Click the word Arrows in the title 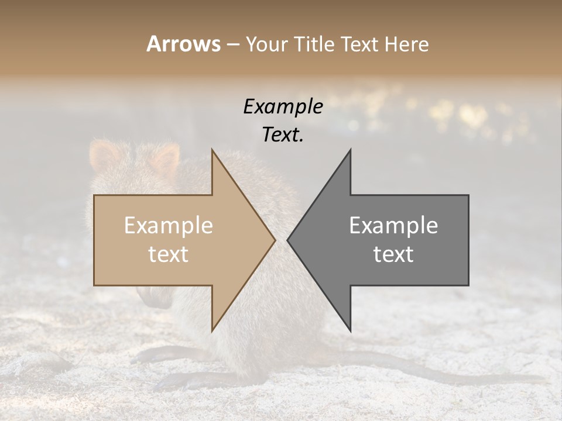(183, 44)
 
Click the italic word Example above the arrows (283, 107)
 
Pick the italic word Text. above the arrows (283, 135)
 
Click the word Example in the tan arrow (169, 226)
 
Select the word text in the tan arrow (169, 254)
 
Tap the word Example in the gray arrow (393, 226)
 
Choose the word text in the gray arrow (393, 254)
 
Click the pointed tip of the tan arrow (274, 240)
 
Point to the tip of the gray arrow (289, 240)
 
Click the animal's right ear (166, 158)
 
